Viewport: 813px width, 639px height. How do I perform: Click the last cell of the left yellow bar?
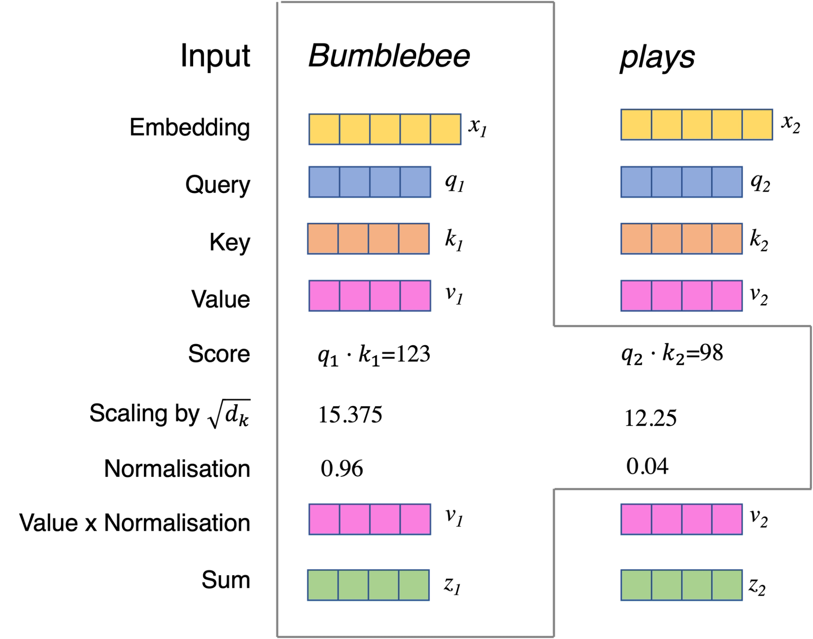pos(446,129)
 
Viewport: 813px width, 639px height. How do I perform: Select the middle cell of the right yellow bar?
pos(697,125)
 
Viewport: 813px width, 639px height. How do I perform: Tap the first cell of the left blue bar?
pos(324,182)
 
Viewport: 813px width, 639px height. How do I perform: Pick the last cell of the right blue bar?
pos(727,182)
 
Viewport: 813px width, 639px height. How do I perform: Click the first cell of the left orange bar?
pos(323,239)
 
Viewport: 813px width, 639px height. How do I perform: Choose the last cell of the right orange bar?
pos(727,239)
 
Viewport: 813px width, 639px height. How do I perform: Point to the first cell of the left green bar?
pos(323,585)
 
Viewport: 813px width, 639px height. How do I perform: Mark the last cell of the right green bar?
pos(727,585)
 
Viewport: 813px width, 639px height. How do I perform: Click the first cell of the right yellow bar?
pos(636,125)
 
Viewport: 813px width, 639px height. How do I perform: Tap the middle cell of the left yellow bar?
pos(385,129)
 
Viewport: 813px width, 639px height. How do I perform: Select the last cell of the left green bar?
pos(414,585)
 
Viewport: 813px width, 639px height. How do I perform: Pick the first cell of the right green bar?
pos(636,585)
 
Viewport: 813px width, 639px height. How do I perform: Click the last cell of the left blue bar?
pos(415,182)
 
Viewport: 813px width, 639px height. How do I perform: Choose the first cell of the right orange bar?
pos(636,239)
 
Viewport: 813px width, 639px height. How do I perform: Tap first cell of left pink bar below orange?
pos(324,296)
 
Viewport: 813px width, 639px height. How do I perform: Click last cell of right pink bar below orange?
pos(727,296)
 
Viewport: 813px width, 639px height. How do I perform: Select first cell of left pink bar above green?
pos(324,519)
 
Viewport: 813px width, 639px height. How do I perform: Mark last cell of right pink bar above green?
pos(727,519)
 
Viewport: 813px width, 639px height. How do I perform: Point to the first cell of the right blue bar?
pos(636,182)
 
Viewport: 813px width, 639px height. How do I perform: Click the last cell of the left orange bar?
pos(414,239)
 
